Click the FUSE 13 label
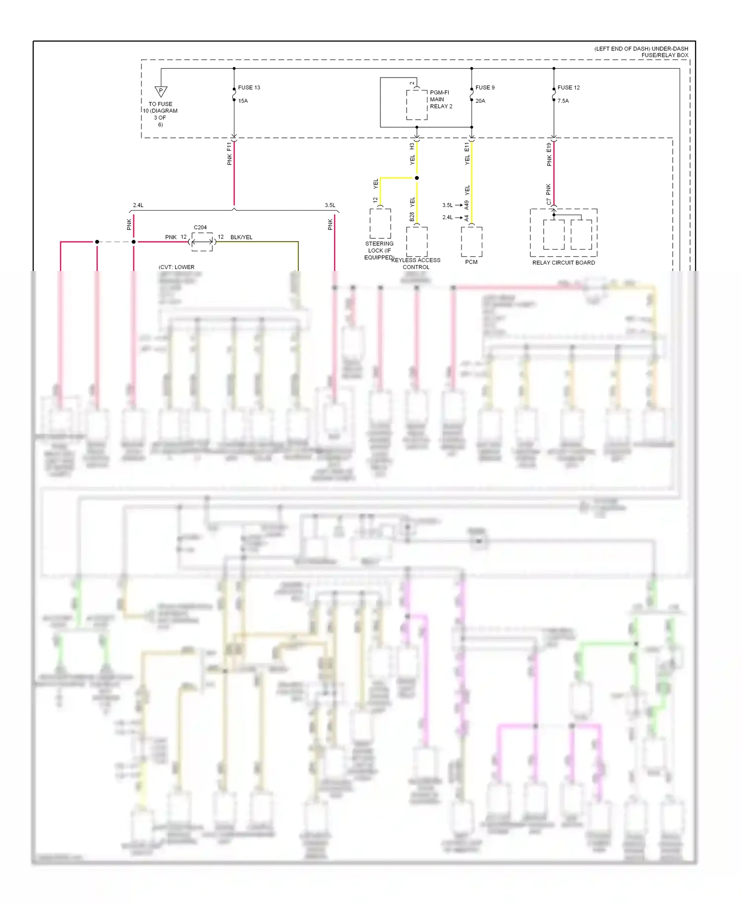[x=249, y=88]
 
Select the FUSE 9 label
[x=485, y=88]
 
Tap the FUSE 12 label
[x=568, y=88]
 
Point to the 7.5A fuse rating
[x=563, y=101]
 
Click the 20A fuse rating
[x=480, y=101]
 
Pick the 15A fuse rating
[x=243, y=101]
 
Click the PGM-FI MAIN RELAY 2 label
[x=441, y=99]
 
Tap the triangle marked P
[x=161, y=91]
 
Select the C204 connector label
[x=200, y=227]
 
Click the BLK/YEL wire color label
[x=241, y=237]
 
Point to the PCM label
[x=471, y=262]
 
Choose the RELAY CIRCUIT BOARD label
[x=563, y=263]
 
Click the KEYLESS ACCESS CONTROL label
[x=416, y=264]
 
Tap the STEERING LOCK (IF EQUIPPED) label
[x=379, y=251]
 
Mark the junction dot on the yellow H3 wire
[x=417, y=178]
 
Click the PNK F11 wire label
[x=230, y=154]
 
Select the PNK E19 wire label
[x=549, y=154]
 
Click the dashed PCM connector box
[x=471, y=242]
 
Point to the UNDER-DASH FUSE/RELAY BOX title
[x=641, y=52]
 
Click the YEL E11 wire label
[x=467, y=154]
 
